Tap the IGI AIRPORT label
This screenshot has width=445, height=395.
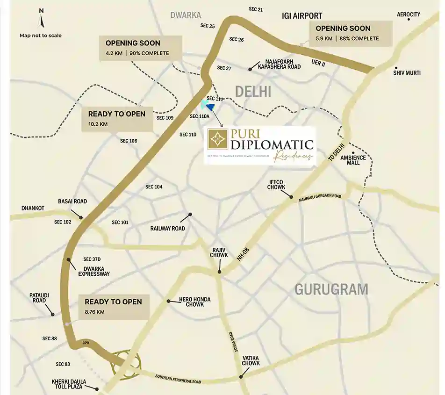coord(302,16)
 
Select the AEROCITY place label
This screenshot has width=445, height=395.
coord(409,14)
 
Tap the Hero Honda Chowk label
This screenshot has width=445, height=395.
coord(194,302)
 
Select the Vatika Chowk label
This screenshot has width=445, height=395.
coord(251,360)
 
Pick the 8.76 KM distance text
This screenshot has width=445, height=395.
coord(95,312)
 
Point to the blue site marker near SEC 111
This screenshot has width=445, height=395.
coord(210,107)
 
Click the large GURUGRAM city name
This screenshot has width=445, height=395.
coord(331,289)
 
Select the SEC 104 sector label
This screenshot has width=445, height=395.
coord(154,187)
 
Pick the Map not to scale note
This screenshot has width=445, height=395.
coord(40,36)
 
